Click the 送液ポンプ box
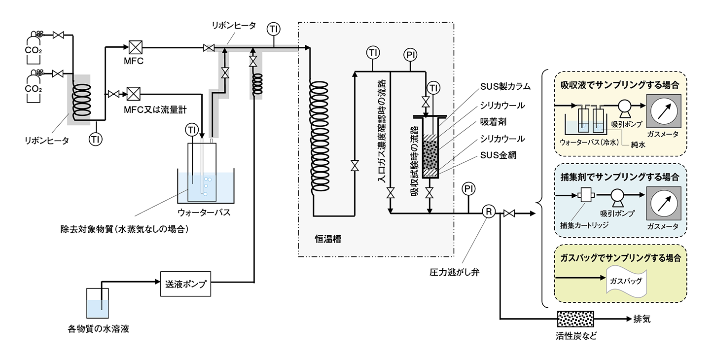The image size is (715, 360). [185, 284]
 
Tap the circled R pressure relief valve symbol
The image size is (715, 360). [489, 212]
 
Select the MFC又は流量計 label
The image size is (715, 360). [155, 110]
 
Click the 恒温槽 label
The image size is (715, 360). [328, 239]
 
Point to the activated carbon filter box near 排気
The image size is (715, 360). [575, 319]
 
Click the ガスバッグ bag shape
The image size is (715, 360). [626, 281]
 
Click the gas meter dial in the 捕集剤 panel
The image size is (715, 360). [664, 204]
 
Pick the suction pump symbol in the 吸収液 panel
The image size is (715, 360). [625, 107]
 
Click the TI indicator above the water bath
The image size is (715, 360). [192, 130]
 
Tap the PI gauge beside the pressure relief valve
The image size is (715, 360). [468, 189]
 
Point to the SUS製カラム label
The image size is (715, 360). [505, 86]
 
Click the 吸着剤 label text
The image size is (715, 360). [493, 122]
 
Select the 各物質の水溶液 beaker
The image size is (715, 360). [98, 303]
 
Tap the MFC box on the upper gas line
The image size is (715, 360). [136, 47]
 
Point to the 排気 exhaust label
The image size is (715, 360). [642, 319]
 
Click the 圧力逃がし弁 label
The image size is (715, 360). [455, 272]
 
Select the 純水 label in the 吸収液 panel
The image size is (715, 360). [638, 145]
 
